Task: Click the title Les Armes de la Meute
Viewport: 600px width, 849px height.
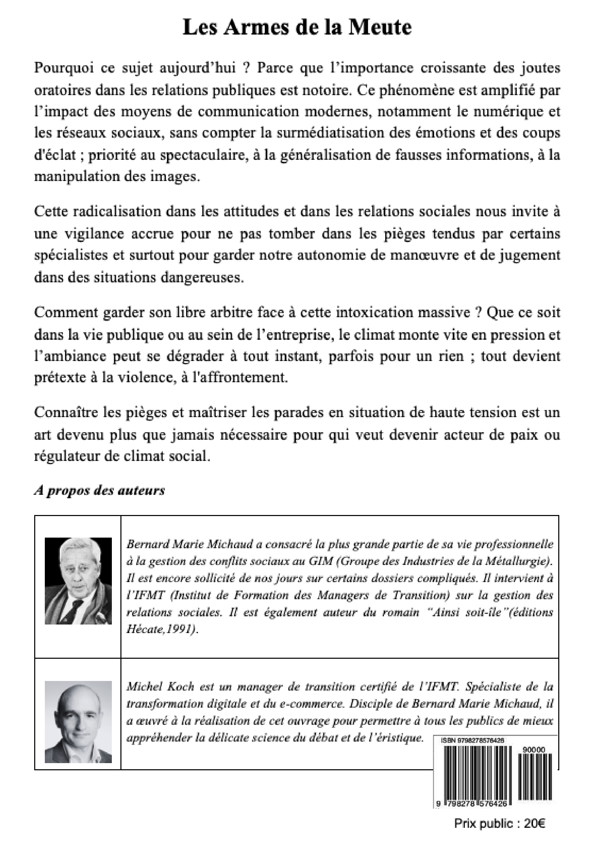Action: pos(297,28)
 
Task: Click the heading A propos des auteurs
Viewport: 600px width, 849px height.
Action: pos(100,491)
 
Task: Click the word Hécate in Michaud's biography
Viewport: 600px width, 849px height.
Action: pos(142,630)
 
